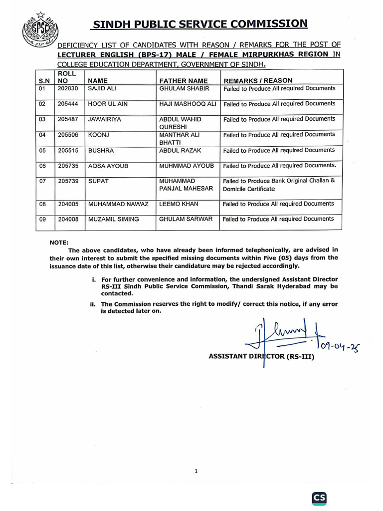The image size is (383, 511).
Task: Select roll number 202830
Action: click(68, 88)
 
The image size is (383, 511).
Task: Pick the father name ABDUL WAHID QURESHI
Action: click(180, 123)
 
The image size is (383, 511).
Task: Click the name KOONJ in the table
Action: click(97, 135)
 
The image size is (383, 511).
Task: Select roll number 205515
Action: click(68, 150)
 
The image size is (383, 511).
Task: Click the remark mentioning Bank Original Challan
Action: click(278, 185)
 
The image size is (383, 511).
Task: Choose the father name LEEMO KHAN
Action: click(179, 204)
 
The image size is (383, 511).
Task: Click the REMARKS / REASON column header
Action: click(258, 81)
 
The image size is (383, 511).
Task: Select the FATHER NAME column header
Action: click(183, 81)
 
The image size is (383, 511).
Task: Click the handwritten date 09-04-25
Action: click(339, 346)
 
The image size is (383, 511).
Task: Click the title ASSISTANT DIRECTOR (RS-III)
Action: click(262, 357)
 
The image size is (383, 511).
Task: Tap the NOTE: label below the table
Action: click(59, 242)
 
